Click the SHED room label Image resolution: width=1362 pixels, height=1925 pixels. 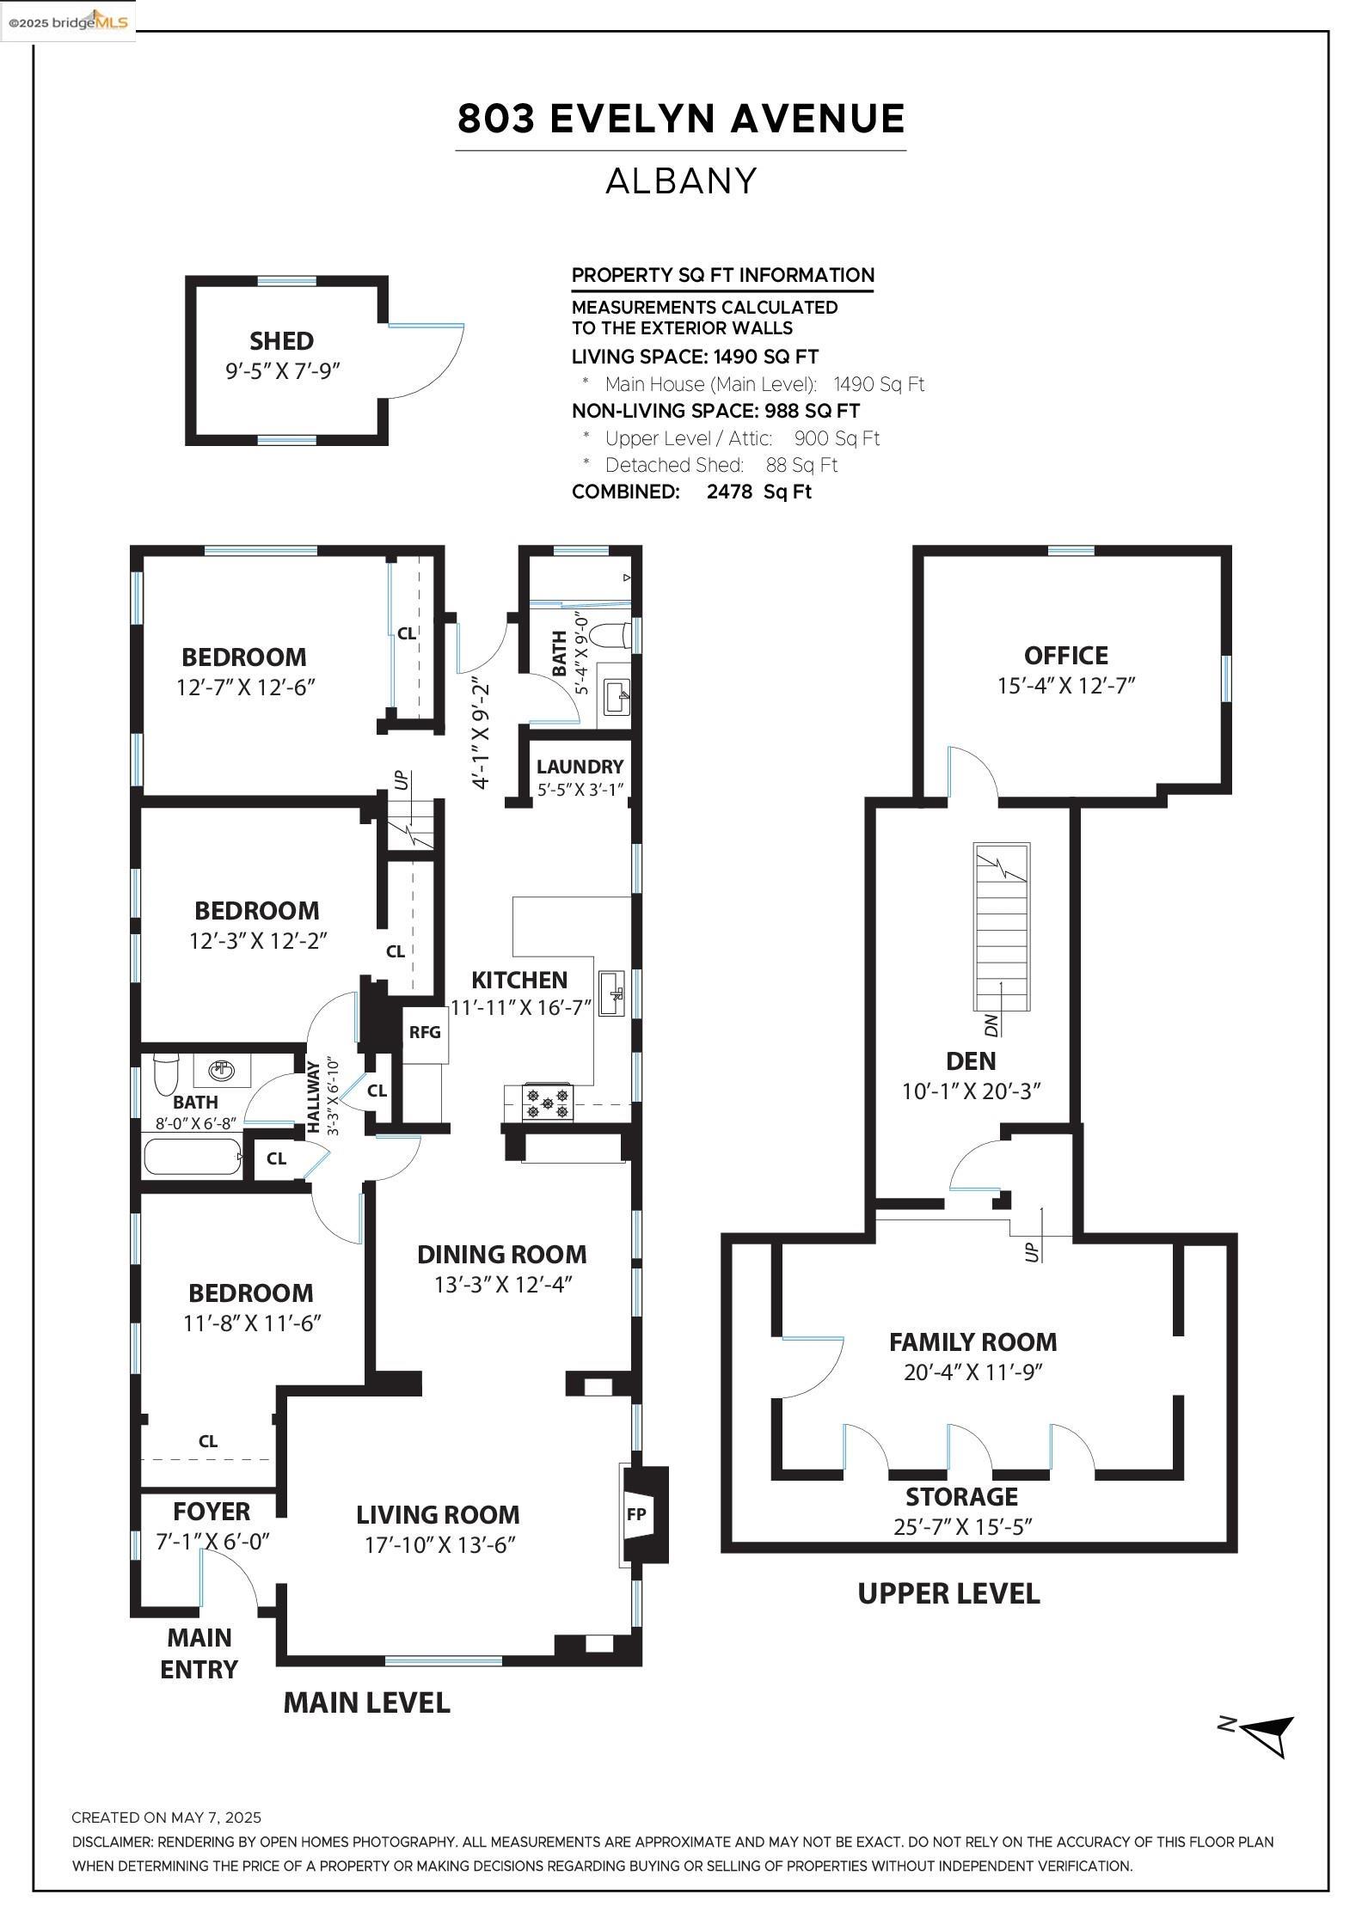coord(281,341)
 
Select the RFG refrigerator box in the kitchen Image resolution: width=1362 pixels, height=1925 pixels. coord(425,1032)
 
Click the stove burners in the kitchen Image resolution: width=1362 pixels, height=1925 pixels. coord(548,1103)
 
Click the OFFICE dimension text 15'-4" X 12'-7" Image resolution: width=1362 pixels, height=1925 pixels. coord(1066,686)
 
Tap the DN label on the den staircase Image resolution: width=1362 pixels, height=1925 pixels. coord(991,1024)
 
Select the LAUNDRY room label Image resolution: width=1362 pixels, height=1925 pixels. coord(580,767)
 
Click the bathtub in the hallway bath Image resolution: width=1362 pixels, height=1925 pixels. coord(193,1156)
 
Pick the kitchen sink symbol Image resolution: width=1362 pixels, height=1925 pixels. coord(611,994)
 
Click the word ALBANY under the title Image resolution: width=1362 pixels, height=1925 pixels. coord(681,181)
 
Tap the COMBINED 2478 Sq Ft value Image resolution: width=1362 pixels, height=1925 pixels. coord(758,492)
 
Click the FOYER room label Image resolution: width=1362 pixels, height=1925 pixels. coord(212,1511)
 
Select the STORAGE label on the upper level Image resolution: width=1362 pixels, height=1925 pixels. coord(961,1496)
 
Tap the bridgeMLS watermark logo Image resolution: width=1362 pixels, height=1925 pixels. coord(68,21)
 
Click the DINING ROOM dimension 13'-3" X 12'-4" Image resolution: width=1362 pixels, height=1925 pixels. coord(503,1284)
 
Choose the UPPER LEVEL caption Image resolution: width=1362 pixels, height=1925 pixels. coord(948,1593)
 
